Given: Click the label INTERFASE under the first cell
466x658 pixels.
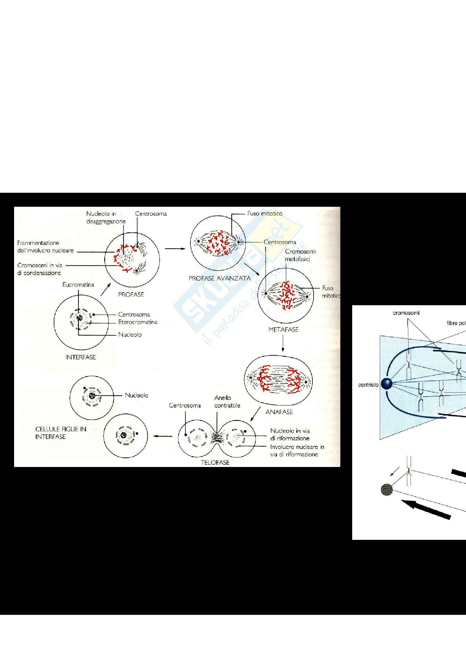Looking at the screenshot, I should pos(81,357).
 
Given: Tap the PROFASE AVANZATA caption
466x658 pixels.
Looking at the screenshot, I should pos(219,278).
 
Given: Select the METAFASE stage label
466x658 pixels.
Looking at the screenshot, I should pos(283,330).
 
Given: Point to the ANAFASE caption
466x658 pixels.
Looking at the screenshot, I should pos(279,412).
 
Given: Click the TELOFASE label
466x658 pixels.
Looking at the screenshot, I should pos(215,462).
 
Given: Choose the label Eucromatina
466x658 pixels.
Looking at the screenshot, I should pos(78,285).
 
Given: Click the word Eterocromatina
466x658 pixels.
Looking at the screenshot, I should pos(138,322).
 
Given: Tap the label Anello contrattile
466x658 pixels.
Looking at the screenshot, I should pos(227,401).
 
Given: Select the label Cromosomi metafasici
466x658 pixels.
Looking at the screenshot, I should pos(300,255).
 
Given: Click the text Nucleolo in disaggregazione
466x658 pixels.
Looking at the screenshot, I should pos(106,217).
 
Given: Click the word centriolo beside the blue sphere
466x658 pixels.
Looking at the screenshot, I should pos(368,385).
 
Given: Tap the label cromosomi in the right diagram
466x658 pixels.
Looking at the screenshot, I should pos(406,313).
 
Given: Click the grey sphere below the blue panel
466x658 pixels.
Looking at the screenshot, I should pos(387,489).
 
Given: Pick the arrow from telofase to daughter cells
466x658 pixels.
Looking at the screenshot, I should pos(163,437).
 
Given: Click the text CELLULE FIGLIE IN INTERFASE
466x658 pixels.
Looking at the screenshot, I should pos(61,433).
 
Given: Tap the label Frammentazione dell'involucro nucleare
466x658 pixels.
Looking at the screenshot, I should pos(45,247).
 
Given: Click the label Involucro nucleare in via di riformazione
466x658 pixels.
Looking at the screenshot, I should pos(297,450).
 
